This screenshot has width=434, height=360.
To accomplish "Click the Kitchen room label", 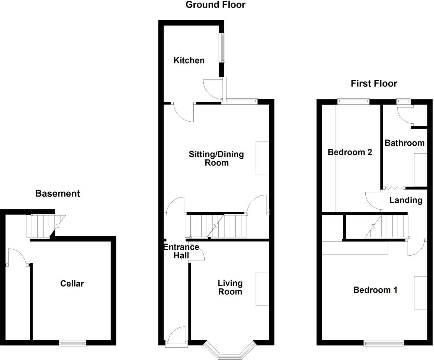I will pos(189,60).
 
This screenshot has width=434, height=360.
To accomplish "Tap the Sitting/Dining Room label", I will pos(216,158).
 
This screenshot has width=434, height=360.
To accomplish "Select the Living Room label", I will pos(230,288).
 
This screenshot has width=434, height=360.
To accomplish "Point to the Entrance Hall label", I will pos(181,251).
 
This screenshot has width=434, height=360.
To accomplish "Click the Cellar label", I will pos(72,284).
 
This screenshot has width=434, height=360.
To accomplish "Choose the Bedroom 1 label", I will pos(375,290).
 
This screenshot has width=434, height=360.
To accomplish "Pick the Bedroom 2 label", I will pos(350,152).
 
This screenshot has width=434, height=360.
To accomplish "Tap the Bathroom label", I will pos(404,143).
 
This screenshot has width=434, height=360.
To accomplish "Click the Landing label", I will pos(406,200).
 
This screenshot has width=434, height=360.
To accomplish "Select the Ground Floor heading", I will pos(216,5).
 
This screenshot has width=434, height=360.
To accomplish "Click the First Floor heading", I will pos(374,83).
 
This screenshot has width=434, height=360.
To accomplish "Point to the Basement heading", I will pos(58,194).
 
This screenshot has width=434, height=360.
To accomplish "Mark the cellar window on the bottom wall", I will pos(72,342).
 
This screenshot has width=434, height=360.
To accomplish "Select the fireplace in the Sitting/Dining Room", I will pos(262,157).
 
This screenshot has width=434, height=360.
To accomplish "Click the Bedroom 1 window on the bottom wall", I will pos(384,342).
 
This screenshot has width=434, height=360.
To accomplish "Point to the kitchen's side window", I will pos(222,48).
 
